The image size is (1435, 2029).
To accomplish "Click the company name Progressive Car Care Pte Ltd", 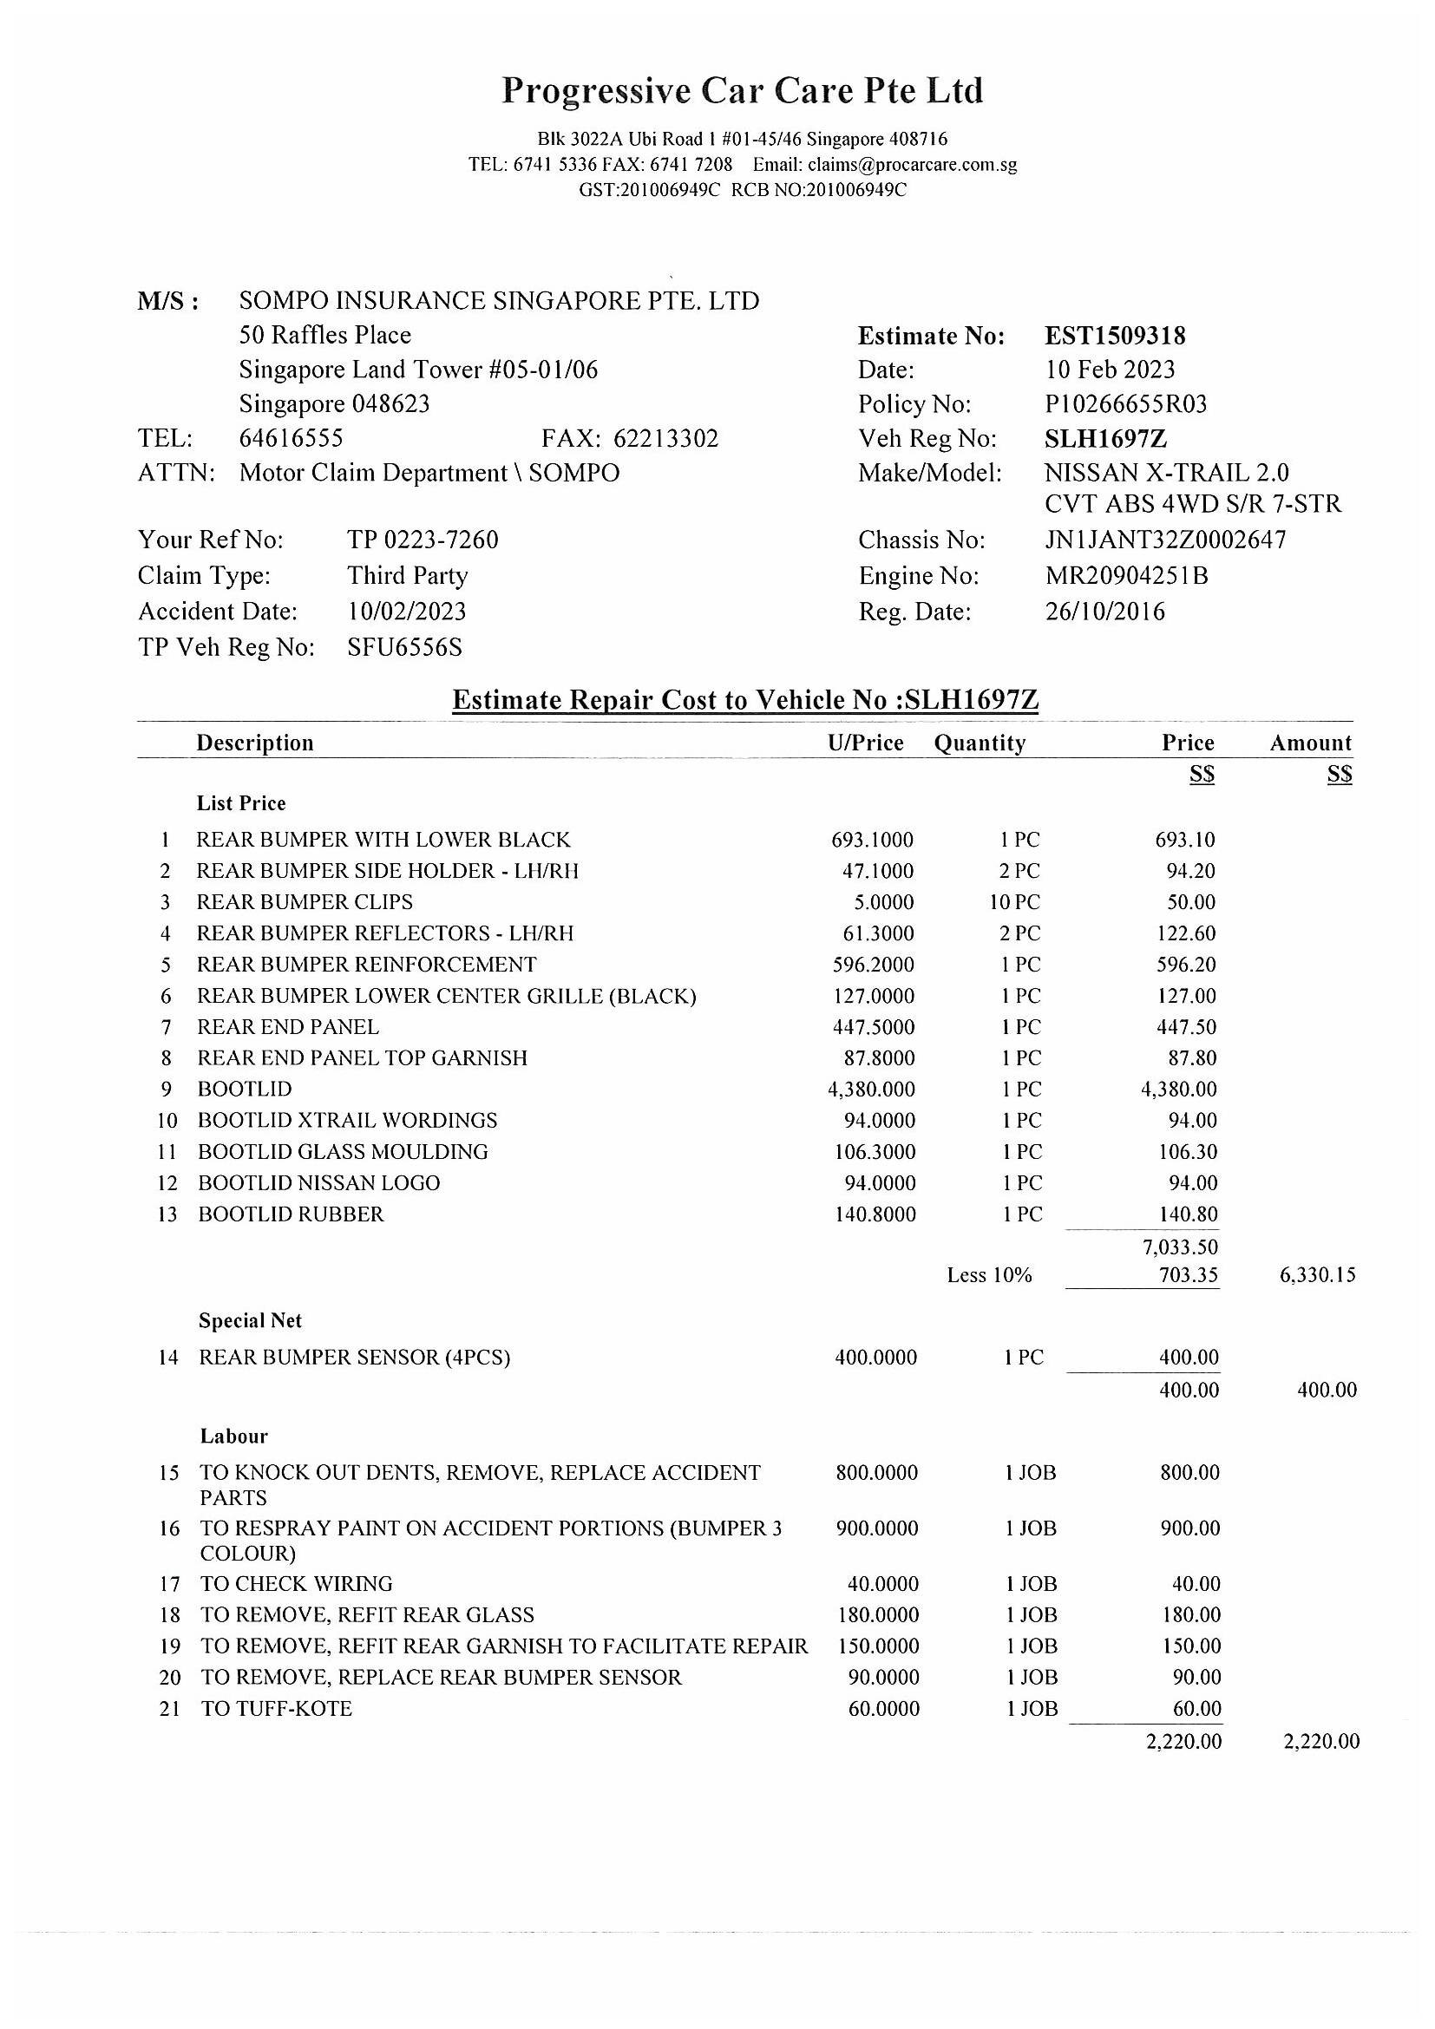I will (743, 91).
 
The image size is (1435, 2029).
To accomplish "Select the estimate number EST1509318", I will (1115, 336).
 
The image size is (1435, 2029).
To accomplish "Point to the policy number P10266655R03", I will (1126, 404).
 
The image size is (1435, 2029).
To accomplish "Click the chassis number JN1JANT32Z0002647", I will (1165, 539).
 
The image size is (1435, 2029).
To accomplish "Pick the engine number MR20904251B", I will (1127, 575).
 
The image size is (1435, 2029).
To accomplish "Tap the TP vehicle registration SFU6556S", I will (404, 647).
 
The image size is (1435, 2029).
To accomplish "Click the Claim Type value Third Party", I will (408, 575).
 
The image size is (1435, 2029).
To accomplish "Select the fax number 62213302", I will (666, 438).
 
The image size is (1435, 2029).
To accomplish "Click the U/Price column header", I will (866, 743).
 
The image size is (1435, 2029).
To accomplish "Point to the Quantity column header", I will (980, 743).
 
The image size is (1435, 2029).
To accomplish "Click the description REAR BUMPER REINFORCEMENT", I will (367, 964).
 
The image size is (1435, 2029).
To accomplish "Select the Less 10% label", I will (989, 1275).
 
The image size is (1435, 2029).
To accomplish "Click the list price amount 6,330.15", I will (1318, 1275).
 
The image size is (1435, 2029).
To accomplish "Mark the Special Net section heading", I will (250, 1320).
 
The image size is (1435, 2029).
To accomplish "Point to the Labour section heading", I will (233, 1436).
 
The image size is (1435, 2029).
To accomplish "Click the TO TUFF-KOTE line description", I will (277, 1708).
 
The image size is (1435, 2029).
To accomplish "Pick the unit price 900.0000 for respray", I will (877, 1528).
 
